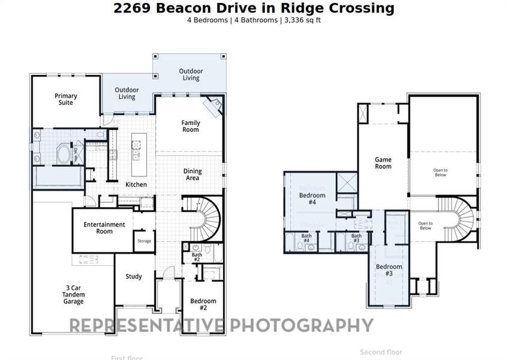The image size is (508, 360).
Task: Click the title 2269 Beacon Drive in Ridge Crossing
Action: click(254, 8)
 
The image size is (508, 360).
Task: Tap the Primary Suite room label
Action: click(65, 99)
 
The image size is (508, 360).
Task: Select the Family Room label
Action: click(191, 126)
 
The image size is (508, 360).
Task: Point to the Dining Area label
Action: click(193, 175)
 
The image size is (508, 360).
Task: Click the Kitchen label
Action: click(136, 185)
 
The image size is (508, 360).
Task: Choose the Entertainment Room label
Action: click(104, 228)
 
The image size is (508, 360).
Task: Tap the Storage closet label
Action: click(144, 241)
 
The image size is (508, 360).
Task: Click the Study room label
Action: click(134, 277)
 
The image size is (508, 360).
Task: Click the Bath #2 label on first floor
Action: click(197, 257)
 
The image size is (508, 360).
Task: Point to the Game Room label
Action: click(383, 163)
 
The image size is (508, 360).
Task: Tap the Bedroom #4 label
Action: click(312, 199)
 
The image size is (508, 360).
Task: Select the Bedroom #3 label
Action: click(389, 270)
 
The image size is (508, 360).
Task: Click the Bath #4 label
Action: click(306, 238)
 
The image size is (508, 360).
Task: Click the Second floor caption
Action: click(381, 352)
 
